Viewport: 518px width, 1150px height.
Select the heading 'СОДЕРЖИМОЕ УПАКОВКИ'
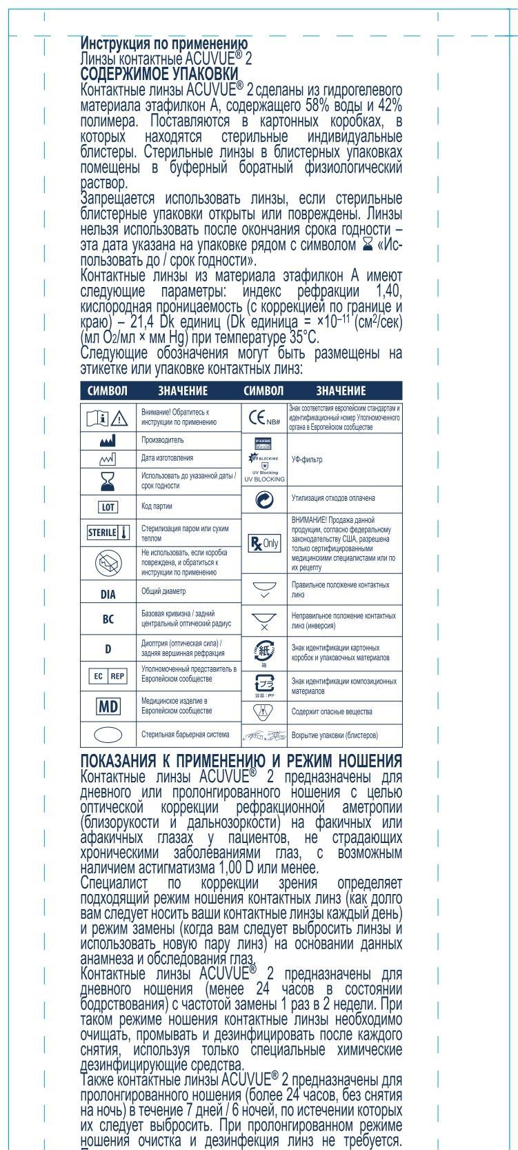[159, 74]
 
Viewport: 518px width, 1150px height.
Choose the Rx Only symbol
[264, 542]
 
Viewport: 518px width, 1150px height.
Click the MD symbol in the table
[108, 706]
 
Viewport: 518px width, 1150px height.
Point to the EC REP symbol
[108, 676]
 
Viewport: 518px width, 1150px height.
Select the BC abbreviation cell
[108, 619]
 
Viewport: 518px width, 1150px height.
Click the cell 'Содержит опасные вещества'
[332, 711]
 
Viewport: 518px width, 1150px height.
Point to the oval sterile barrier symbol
[108, 735]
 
